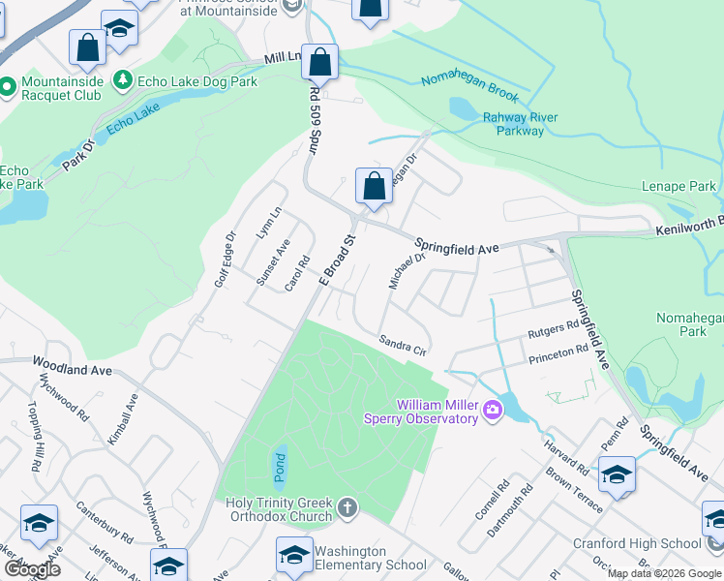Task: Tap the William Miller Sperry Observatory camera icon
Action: (493, 411)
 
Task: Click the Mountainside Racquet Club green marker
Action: (7, 88)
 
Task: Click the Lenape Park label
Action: (679, 186)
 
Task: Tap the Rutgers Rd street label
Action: (552, 332)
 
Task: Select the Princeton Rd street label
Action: (558, 355)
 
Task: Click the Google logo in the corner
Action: (31, 569)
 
